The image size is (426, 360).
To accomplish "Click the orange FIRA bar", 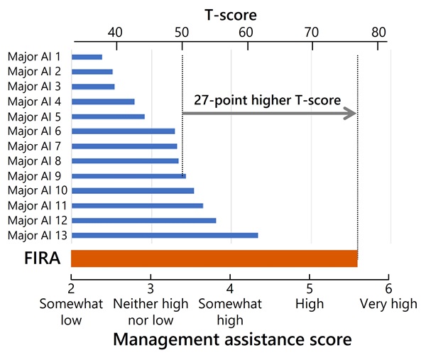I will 214,259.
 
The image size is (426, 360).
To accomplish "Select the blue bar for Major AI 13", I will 164,235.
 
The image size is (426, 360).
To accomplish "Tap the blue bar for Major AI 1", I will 87,57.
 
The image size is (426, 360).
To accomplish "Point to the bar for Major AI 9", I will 129,175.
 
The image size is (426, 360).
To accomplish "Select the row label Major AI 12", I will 36,220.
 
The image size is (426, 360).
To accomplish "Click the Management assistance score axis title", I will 232,340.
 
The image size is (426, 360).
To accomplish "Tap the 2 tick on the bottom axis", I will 71,288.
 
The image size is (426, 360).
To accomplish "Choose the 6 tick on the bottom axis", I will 388,288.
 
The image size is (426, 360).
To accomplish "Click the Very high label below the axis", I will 388,304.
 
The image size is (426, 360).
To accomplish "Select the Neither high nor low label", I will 151,312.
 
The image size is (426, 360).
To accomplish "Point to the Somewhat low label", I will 71,312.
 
